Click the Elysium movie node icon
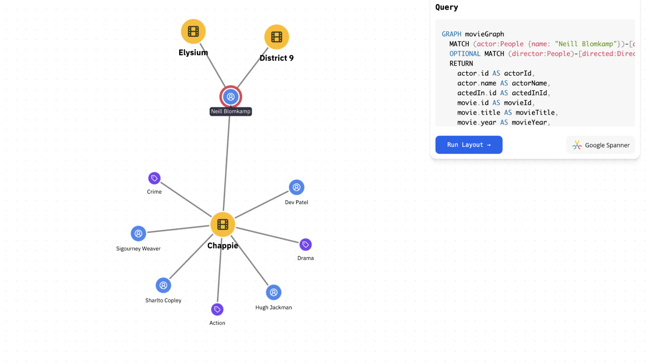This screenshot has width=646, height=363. pyautogui.click(x=193, y=31)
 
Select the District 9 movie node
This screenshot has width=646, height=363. pyautogui.click(x=277, y=37)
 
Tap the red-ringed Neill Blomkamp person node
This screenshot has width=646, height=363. pyautogui.click(x=231, y=97)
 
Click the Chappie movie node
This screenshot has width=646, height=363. pyautogui.click(x=223, y=224)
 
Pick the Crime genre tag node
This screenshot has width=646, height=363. pyautogui.click(x=154, y=178)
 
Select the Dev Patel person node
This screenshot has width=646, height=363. pyautogui.click(x=296, y=188)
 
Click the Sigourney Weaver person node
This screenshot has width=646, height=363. pyautogui.click(x=138, y=233)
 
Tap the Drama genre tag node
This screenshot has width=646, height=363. pyautogui.click(x=305, y=245)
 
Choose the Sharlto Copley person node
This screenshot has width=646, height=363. pyautogui.click(x=163, y=285)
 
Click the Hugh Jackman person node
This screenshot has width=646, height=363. pyautogui.click(x=274, y=292)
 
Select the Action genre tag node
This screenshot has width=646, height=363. pyautogui.click(x=217, y=309)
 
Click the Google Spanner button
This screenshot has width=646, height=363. pyautogui.click(x=601, y=145)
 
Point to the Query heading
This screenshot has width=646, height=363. pyautogui.click(x=447, y=7)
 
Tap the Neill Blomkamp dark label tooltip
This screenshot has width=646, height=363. pyautogui.click(x=231, y=111)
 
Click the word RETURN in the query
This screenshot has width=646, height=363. pyautogui.click(x=461, y=64)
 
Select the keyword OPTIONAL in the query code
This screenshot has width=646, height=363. pyautogui.click(x=465, y=53)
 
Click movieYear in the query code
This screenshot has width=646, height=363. pyautogui.click(x=529, y=123)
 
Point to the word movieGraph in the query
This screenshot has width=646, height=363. pyautogui.click(x=484, y=34)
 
